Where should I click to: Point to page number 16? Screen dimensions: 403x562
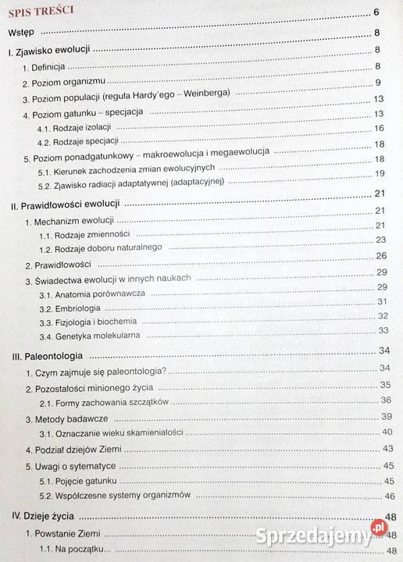pos(379,128)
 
